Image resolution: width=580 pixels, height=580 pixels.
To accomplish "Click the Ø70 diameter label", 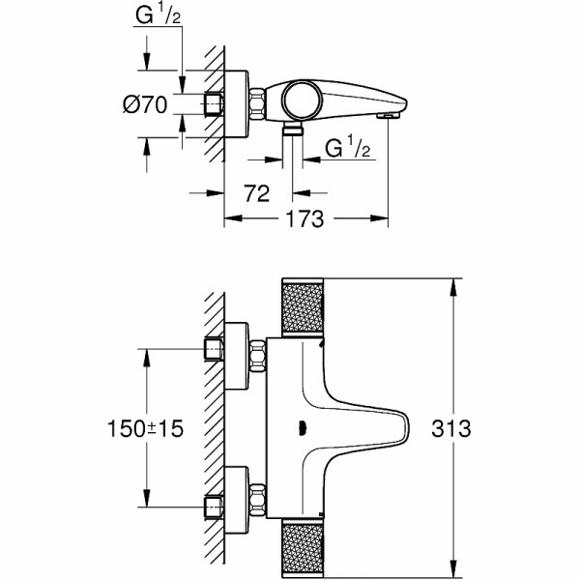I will coord(145,104).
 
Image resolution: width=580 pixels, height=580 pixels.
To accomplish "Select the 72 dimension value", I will coord(256,193).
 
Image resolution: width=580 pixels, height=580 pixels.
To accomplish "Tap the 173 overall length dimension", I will coord(306,219).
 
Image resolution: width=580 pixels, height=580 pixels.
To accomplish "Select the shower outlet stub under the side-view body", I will coord(293,130).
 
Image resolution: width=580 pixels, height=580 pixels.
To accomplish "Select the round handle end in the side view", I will coord(299,99).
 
